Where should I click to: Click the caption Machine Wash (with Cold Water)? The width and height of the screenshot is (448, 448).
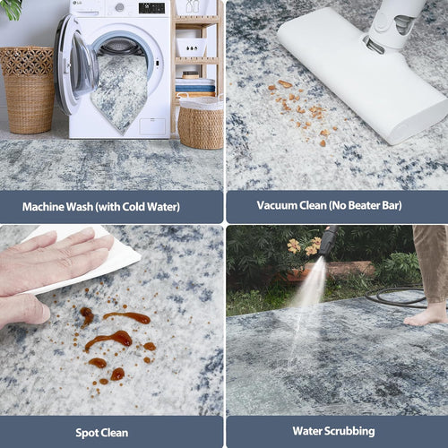(101, 207)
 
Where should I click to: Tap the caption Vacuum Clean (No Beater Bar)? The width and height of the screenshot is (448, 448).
(329, 205)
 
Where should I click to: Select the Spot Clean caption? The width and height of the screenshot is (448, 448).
(102, 433)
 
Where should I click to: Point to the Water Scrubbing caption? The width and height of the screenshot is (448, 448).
(333, 431)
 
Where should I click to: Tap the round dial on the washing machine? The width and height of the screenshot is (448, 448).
(119, 7)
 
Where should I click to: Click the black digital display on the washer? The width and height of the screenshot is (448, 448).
(151, 8)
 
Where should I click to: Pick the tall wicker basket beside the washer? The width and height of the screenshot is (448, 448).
(29, 90)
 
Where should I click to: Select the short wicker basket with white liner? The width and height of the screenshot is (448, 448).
(201, 123)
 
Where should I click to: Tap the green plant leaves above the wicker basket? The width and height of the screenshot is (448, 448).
(12, 9)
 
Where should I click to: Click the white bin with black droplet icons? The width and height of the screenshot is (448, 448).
(192, 47)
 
